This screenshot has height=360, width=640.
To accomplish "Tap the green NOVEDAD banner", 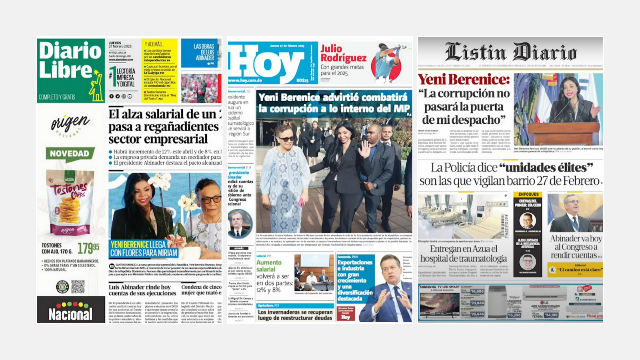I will [x=70, y=154].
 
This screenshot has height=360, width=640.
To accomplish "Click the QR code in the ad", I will [x=78, y=286].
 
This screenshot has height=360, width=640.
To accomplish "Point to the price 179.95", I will [x=88, y=248].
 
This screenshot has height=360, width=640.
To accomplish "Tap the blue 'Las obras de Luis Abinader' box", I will [x=201, y=53].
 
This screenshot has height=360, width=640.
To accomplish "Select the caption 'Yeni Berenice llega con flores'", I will [x=144, y=248].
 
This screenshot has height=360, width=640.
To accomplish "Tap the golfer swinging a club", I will [x=386, y=62].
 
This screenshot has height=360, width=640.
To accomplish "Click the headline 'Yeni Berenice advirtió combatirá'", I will [x=334, y=103].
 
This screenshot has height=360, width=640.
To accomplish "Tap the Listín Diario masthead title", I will [x=511, y=52].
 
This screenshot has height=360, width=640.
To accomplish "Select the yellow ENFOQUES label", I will [x=528, y=194].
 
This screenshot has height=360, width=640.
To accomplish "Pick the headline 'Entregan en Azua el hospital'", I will [x=464, y=254].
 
